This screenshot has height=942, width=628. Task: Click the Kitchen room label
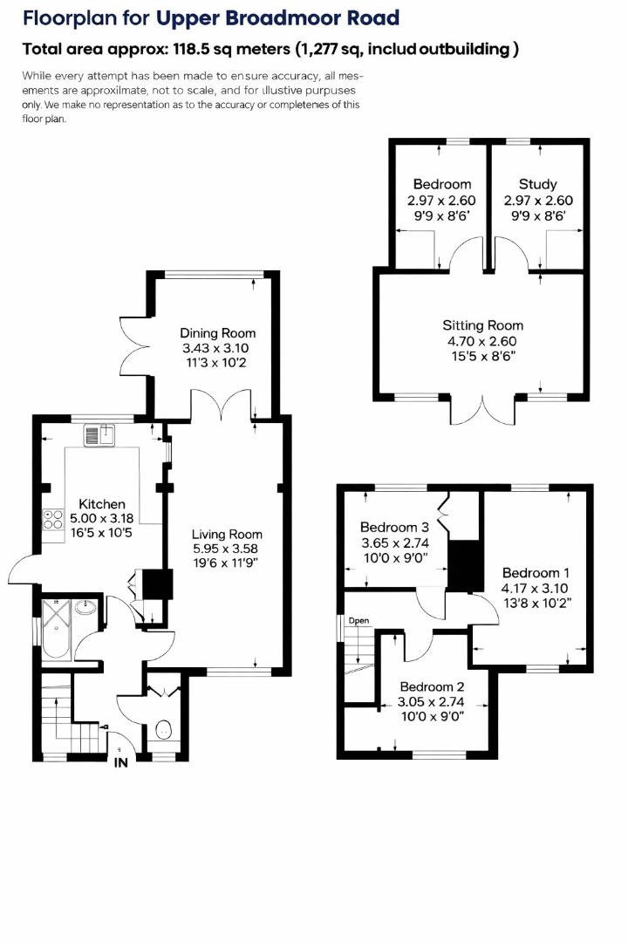[102, 504]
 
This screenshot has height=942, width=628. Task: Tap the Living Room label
[228, 534]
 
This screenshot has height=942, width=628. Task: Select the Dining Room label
[218, 332]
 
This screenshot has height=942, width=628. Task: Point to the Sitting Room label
[482, 325]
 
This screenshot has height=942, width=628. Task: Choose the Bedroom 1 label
[536, 572]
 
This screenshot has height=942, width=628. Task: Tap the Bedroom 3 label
[394, 527]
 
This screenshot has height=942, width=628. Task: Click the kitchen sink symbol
[100, 434]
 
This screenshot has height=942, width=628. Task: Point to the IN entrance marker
[121, 761]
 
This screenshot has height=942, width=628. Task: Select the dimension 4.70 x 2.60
[482, 341]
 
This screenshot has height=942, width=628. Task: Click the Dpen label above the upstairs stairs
[359, 621]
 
